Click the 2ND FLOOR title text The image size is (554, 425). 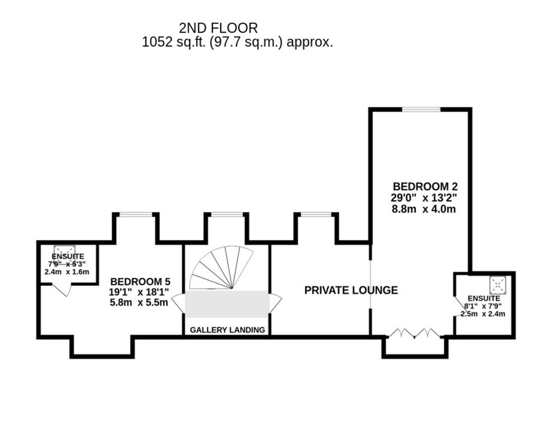pos(218,28)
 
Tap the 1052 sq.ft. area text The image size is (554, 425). pos(237,42)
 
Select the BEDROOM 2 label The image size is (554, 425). pos(425,187)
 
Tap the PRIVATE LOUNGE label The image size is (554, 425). pos(351,290)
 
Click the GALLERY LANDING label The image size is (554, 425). pos(228,330)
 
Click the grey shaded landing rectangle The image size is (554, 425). pos(227,304)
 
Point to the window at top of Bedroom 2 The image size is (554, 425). pos(421,109)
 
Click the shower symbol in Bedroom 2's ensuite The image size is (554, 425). pos(498,285)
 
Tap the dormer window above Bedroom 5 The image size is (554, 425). pos(136,214)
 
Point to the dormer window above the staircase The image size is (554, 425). pos(226,214)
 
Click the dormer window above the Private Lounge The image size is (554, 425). pos(316,214)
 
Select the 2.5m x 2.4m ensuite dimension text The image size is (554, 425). pos(483,314)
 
